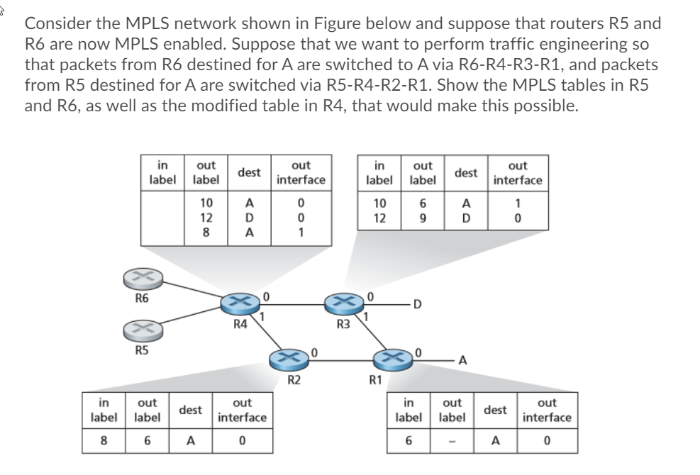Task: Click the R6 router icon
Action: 143,279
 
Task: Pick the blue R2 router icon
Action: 289,359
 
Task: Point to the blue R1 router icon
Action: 393,359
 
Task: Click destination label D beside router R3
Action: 418,304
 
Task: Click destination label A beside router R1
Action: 462,360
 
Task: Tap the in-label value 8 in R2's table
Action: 104,441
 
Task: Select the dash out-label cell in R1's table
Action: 452,442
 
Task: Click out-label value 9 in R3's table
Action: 423,218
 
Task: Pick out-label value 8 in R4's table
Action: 206,233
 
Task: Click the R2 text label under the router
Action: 294,380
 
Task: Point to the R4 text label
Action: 240,324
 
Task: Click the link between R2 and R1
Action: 340,359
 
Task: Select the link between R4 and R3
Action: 292,304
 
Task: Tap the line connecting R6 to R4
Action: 192,289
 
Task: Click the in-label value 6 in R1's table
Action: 409,441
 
